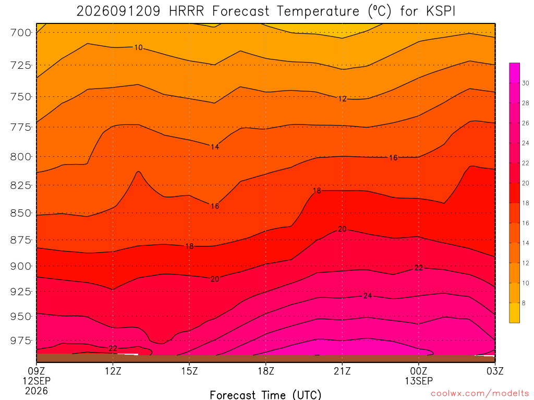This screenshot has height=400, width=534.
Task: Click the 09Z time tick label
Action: point(37,371)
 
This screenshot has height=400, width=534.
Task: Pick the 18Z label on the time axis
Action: point(266,371)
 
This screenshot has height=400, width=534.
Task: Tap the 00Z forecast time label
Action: point(419,371)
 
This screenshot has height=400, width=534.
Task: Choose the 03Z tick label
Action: point(495,371)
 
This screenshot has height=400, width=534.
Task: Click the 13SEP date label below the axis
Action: point(419,381)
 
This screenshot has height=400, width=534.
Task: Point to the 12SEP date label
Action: point(37,381)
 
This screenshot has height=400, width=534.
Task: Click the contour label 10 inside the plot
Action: point(138,47)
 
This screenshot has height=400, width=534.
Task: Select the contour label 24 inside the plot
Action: point(368,296)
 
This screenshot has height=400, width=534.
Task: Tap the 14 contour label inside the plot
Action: point(215,147)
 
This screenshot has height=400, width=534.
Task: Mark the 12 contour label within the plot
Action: point(342,99)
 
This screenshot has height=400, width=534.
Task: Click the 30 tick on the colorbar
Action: point(526,83)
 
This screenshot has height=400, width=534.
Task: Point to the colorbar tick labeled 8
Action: point(524,303)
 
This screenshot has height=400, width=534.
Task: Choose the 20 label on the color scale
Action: point(526,183)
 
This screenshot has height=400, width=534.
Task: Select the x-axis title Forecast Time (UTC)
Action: point(265,395)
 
